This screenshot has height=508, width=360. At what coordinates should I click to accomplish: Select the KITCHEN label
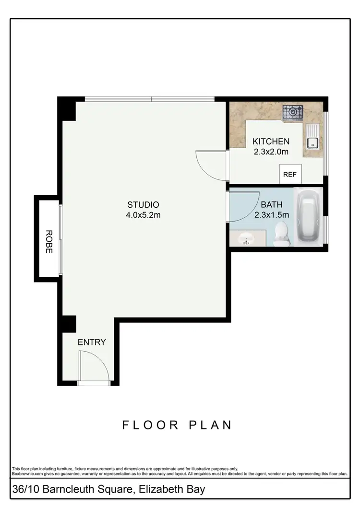271,141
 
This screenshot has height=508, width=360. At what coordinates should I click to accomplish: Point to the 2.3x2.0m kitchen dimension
271,152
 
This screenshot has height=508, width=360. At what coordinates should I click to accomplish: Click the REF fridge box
290,175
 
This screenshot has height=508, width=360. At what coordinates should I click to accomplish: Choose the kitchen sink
312,142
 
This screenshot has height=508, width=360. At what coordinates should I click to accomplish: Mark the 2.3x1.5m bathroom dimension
271,215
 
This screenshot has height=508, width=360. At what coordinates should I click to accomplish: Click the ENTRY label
92,342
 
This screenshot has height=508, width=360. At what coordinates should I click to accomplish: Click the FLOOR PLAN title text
177,425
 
